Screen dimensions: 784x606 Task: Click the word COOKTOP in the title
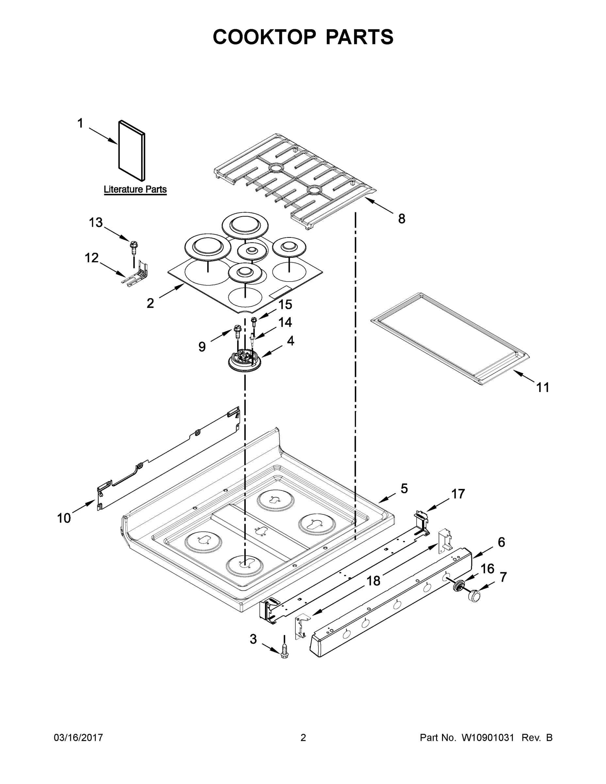265,37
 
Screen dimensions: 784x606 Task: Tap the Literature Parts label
135,189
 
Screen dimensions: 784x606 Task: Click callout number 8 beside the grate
401,218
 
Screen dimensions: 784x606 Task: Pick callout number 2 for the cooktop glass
150,303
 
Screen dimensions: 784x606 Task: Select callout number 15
285,304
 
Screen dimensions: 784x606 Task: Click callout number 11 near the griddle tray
542,387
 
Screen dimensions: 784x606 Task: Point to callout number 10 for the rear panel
64,518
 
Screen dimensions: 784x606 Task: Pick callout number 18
373,581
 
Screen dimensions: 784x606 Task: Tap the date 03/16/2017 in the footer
78,737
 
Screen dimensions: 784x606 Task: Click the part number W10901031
487,737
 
